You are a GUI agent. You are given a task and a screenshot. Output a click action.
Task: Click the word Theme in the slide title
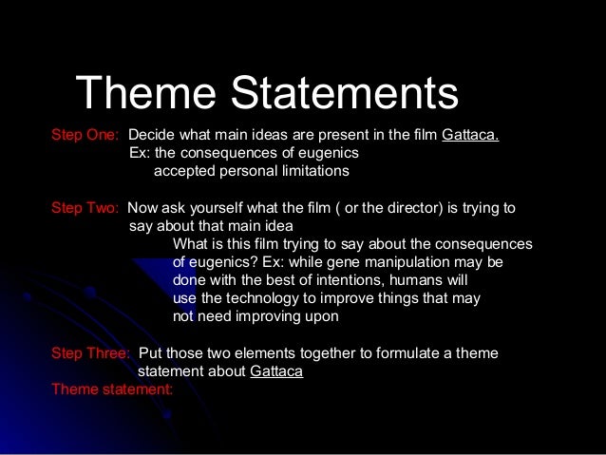(x=146, y=94)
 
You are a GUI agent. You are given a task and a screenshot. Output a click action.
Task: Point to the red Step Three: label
(x=90, y=353)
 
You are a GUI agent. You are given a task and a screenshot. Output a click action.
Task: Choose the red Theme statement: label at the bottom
(x=112, y=389)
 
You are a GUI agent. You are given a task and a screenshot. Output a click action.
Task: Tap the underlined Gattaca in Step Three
(x=276, y=371)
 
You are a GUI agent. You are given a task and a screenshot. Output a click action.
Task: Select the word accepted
(x=184, y=171)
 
